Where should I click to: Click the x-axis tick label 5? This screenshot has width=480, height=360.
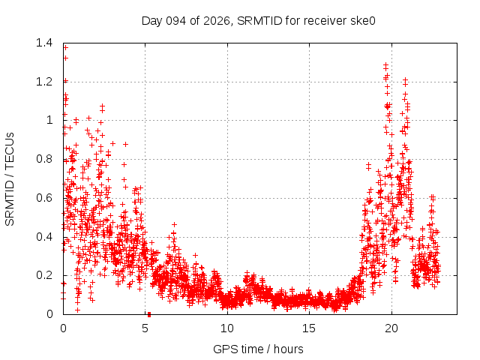tap(145, 328)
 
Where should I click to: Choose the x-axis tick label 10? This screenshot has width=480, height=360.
tap(226, 328)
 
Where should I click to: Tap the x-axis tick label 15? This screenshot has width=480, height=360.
tap(308, 328)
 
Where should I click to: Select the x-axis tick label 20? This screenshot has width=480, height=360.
tap(390, 328)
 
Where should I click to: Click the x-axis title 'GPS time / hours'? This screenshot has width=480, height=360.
tap(258, 349)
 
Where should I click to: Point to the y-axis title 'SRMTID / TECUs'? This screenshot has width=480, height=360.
tap(10, 178)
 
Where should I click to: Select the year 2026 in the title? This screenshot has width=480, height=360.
tap(218, 20)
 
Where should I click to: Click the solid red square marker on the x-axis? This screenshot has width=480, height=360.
tap(149, 314)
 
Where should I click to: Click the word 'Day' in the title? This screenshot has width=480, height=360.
tap(153, 20)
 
